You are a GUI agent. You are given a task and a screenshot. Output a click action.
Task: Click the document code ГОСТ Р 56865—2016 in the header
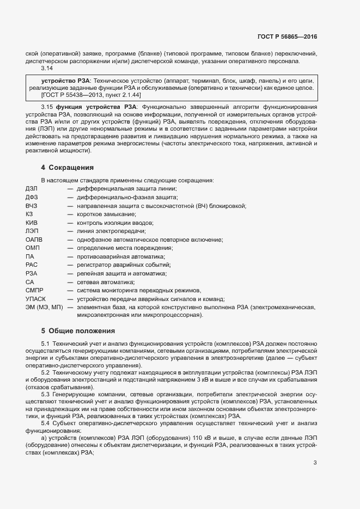286,37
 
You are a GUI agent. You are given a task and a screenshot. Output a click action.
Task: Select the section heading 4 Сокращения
68,167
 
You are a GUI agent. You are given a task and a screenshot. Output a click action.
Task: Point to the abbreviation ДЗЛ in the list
32,188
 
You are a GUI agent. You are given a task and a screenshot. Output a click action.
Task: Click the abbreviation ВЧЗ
32,206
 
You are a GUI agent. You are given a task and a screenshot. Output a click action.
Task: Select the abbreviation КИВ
32,223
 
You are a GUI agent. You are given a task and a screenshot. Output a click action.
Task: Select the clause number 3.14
47,69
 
